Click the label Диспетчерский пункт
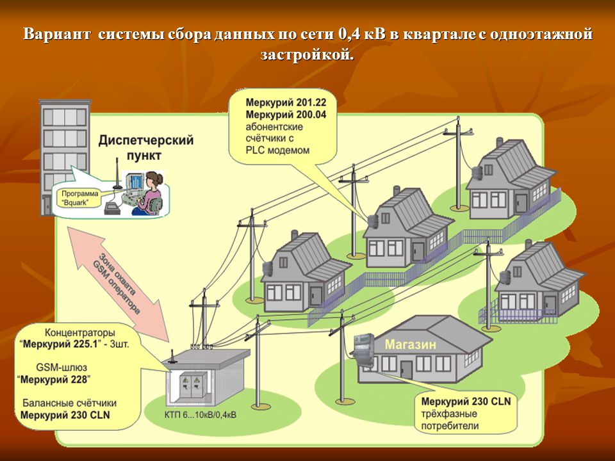coord(146,147)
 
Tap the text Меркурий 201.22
coord(286,102)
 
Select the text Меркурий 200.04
coord(286,115)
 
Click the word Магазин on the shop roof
coord(410,344)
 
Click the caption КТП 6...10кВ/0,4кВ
coord(201,415)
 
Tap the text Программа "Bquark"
coord(79,198)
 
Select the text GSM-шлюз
coord(61,368)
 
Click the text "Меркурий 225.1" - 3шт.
coord(74,344)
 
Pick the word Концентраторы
coord(80,333)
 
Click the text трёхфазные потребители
coord(450,420)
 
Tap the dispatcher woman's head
coord(153,180)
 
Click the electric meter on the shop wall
coord(363,350)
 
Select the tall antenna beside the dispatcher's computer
coord(117,174)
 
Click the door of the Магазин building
coord(406,369)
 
